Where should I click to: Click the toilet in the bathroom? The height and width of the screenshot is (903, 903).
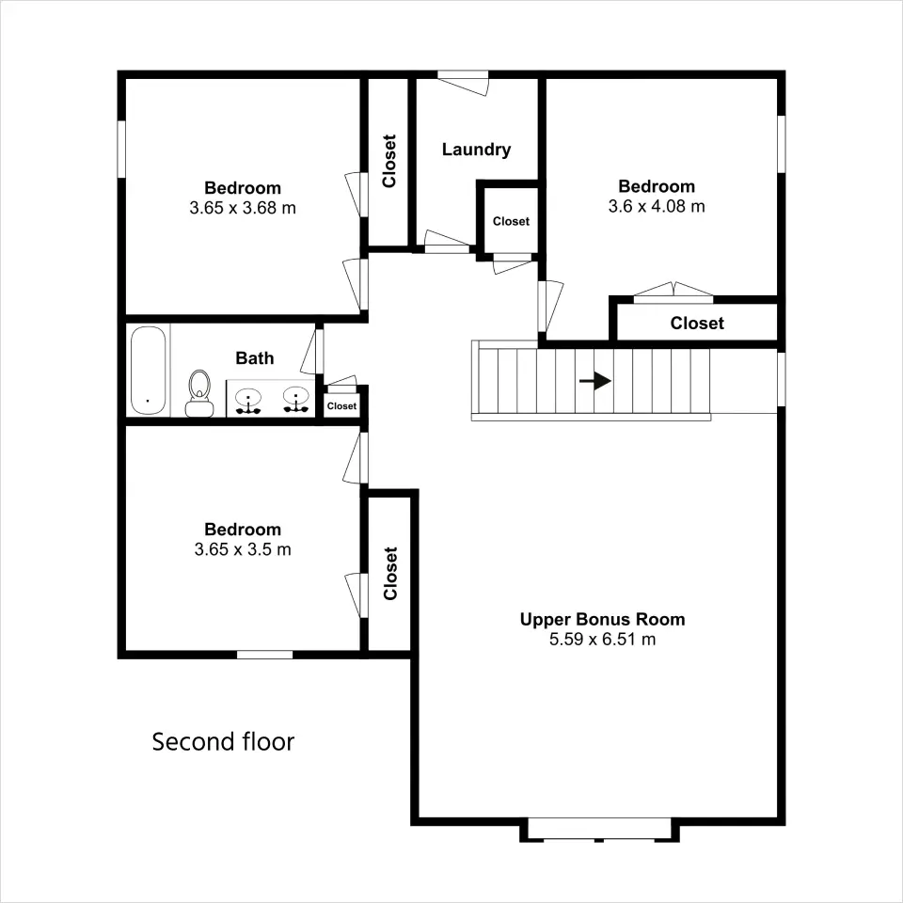199,393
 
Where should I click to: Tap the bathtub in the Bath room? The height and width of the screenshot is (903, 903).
148,371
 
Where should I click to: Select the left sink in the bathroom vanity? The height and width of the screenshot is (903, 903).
248,401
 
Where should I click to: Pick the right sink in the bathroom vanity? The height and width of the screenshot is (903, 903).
296,400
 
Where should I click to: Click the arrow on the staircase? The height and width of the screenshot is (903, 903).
594,381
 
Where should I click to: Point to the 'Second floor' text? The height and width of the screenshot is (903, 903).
223,742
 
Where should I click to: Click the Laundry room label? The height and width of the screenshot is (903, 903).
476,150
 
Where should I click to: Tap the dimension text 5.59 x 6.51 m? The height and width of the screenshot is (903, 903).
602,640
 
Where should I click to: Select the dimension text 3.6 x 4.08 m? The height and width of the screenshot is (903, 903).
657,206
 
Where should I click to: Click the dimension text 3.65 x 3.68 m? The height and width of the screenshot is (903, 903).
243,208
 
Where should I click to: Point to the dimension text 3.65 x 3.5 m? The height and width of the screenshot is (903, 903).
243,549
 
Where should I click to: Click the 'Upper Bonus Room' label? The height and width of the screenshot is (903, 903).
602,620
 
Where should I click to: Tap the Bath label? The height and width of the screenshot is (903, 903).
255,358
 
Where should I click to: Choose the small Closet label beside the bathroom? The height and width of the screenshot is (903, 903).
341,406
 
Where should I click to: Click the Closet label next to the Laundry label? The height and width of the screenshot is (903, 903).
511,221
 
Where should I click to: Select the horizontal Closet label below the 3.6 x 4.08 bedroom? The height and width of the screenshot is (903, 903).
697,323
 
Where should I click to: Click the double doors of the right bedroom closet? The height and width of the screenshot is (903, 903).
673,292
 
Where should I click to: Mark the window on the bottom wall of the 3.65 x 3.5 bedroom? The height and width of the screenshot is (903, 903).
265,655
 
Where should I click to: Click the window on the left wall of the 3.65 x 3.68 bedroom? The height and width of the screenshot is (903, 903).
121,150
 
